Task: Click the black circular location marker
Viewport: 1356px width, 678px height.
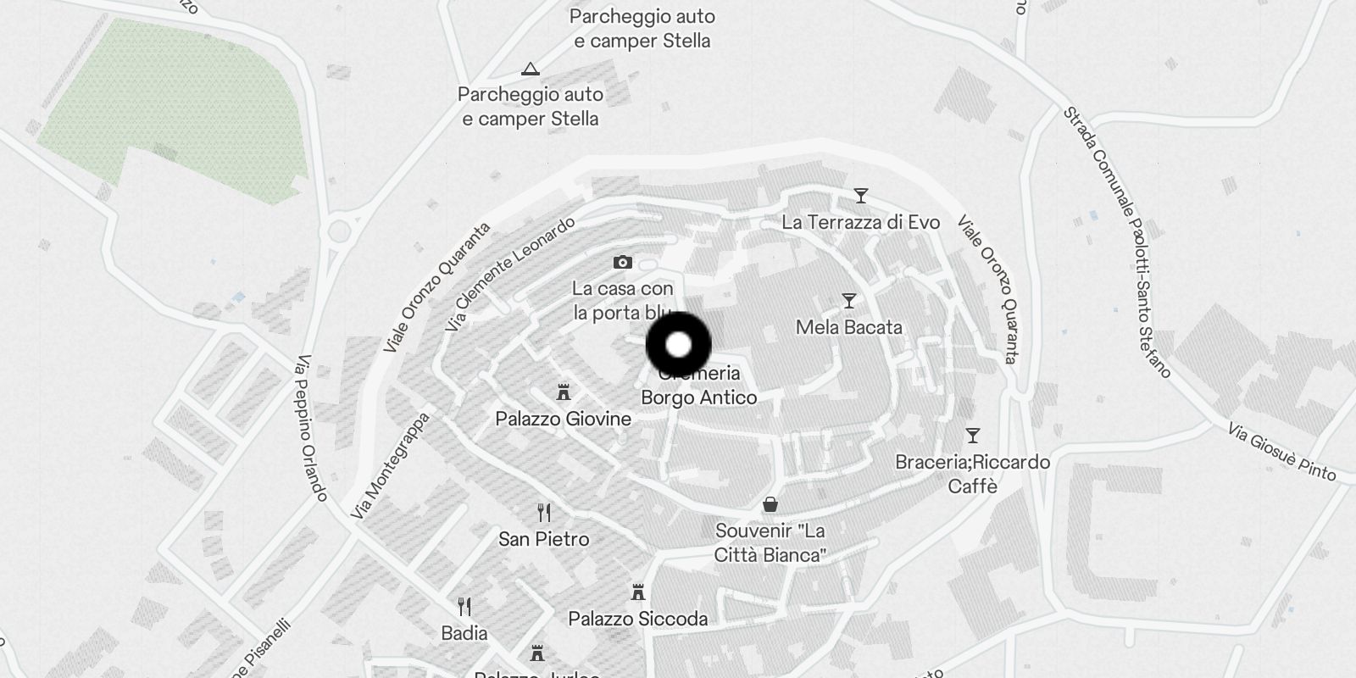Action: pos(678,345)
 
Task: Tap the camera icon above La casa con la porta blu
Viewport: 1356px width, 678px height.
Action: pos(622,263)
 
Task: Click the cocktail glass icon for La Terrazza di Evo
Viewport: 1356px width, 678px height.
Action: pos(861,197)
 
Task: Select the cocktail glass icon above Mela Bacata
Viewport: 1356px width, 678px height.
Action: pos(848,301)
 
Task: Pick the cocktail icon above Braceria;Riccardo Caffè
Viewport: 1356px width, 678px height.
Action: pos(973,436)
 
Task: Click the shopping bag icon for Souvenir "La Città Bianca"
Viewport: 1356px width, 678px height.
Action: pos(770,505)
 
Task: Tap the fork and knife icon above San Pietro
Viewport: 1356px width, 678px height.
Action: pos(544,513)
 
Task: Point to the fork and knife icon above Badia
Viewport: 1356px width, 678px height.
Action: pos(464,607)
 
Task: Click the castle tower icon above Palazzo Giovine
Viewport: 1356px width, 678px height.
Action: pos(563,392)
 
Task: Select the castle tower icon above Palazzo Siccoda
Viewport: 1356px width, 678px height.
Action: pos(638,592)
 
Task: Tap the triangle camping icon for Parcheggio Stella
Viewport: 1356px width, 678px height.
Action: pos(531,69)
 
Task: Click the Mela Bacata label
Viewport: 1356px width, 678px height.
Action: pos(848,328)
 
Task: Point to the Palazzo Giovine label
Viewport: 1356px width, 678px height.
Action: pos(563,419)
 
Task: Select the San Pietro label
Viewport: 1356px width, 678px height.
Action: pos(543,539)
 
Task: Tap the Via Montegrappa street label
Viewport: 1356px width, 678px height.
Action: pos(390,466)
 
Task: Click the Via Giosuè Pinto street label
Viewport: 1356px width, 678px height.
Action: pos(1281,453)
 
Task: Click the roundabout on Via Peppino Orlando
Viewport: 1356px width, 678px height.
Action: pos(340,231)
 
